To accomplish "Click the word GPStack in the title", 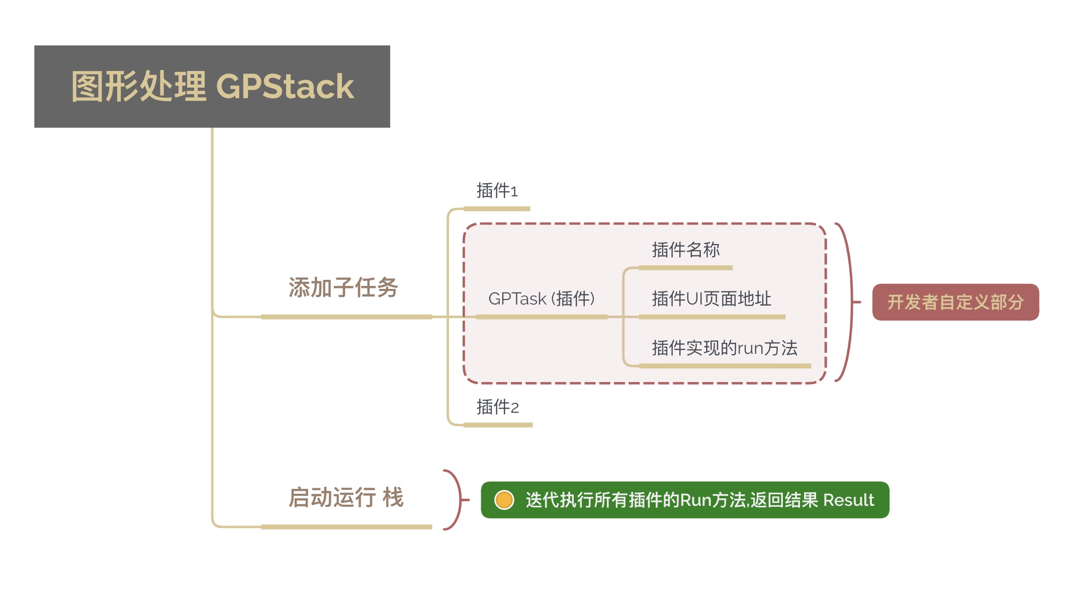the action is (285, 87).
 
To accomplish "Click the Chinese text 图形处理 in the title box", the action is (139, 87).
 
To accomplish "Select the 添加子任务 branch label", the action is (343, 288).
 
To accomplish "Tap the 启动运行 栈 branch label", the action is (346, 498).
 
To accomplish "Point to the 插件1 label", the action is (497, 191).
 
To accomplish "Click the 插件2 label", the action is (498, 407).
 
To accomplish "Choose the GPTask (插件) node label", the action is (542, 298).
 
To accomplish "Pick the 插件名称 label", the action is (686, 250).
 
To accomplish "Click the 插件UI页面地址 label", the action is (711, 298).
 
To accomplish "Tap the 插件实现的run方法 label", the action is (725, 348).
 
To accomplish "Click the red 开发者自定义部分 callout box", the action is (955, 302).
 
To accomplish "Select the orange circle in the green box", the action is (504, 500).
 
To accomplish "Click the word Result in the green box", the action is (849, 500).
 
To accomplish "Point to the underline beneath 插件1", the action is (497, 208).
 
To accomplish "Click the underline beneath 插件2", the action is (498, 425).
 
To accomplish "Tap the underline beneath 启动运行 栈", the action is (346, 527).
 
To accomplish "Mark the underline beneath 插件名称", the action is (686, 268).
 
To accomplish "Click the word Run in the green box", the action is (695, 500).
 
